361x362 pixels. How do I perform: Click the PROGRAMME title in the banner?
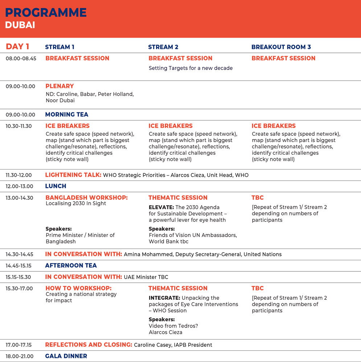click(x=46, y=12)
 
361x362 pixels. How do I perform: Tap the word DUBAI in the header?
click(x=20, y=25)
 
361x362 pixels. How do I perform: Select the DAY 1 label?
click(x=17, y=47)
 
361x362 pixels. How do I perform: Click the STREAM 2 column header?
click(x=163, y=47)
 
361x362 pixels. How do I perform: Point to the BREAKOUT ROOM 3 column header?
click(x=281, y=47)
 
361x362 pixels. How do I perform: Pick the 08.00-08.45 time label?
click(x=21, y=58)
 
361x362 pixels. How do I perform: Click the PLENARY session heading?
click(x=60, y=86)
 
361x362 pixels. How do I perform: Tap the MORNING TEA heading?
click(x=66, y=115)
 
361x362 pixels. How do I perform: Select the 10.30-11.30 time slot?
click(x=19, y=126)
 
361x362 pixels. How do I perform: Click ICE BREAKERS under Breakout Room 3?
click(x=274, y=126)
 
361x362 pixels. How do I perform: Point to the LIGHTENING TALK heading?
click(x=73, y=175)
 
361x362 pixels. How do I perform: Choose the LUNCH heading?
click(x=56, y=186)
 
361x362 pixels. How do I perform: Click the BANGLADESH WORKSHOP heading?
click(x=87, y=197)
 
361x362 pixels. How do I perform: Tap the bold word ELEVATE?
click(x=161, y=207)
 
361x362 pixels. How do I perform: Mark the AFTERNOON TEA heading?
click(x=71, y=266)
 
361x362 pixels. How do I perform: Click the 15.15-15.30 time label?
click(x=18, y=277)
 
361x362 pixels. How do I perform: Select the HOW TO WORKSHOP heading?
click(x=79, y=288)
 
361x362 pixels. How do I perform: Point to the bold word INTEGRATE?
click(x=164, y=298)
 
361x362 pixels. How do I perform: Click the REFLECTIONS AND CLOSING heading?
click(x=89, y=345)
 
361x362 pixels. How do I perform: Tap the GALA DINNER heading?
click(x=66, y=356)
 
